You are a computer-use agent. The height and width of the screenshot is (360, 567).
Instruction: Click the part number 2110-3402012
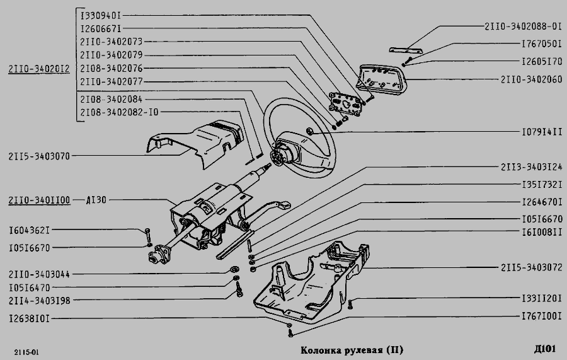(x=39, y=69)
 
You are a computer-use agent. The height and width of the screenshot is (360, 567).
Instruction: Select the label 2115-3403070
(x=39, y=156)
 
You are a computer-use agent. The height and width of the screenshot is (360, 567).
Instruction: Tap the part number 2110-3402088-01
(x=523, y=26)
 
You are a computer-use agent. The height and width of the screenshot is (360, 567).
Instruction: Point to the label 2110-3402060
(x=531, y=79)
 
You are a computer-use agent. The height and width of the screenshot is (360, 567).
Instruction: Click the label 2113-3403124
(x=531, y=167)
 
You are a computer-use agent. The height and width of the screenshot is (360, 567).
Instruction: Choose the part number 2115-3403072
(x=531, y=267)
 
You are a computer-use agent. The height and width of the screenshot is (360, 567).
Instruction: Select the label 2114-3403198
(x=40, y=300)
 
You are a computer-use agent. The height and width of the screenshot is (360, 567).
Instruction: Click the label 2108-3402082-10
(x=119, y=112)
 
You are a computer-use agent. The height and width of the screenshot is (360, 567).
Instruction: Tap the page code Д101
(x=544, y=349)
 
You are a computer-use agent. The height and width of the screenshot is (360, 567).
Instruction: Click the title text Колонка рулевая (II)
(x=352, y=350)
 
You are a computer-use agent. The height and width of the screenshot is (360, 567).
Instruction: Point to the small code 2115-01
(x=26, y=352)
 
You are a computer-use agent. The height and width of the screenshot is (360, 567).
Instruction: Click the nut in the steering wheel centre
(x=310, y=131)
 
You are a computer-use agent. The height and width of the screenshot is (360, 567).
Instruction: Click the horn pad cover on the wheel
(x=382, y=80)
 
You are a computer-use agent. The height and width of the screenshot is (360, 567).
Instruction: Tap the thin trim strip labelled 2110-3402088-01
(x=406, y=50)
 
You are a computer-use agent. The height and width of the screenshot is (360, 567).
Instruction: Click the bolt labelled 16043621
(x=147, y=235)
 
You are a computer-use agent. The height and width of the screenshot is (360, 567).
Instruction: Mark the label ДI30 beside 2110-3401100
(x=96, y=200)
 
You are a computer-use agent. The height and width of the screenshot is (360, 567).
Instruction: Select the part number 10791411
(x=542, y=132)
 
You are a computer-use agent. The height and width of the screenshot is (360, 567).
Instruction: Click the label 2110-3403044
(x=39, y=274)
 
